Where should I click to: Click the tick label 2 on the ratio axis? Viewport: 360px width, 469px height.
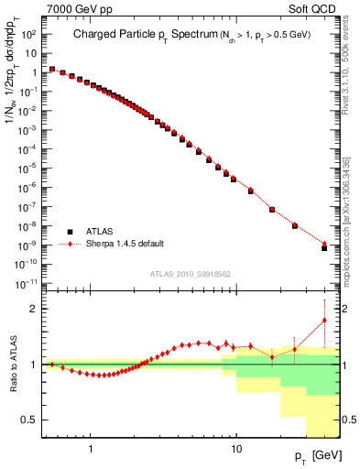(x=32, y=309)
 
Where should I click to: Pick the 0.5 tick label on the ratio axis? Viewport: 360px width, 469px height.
(x=27, y=420)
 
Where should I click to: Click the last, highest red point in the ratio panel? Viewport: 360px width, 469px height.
(x=324, y=320)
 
